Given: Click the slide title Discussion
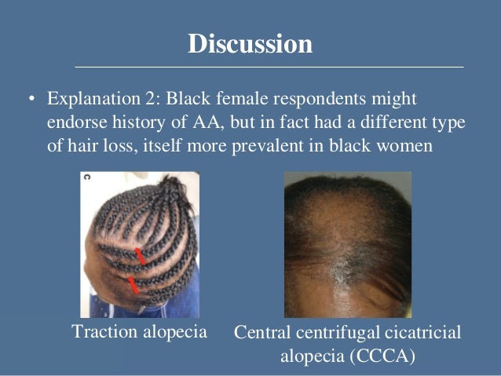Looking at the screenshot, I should (x=250, y=44).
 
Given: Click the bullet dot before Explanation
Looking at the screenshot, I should (x=31, y=100).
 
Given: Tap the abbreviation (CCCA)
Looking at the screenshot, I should (x=384, y=356).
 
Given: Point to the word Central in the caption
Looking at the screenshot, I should (x=263, y=334).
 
